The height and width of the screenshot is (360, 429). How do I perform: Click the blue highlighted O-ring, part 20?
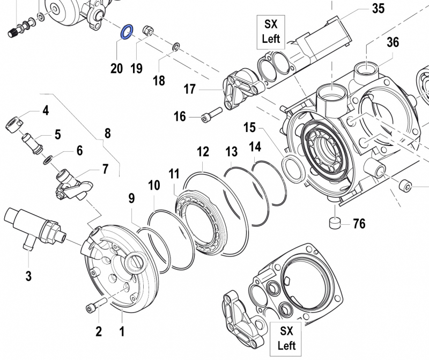(127, 32)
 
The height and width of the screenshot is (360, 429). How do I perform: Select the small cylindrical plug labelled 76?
(335, 222)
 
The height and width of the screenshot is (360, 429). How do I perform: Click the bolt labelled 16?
(211, 116)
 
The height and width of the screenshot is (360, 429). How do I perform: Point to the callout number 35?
(379, 9)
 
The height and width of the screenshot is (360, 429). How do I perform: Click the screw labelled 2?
(92, 307)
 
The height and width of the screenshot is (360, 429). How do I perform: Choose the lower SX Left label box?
(284, 336)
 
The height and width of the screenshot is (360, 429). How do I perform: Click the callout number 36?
(393, 42)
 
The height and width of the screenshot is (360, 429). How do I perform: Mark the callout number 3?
(28, 276)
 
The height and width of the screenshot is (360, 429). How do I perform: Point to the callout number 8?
(107, 134)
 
